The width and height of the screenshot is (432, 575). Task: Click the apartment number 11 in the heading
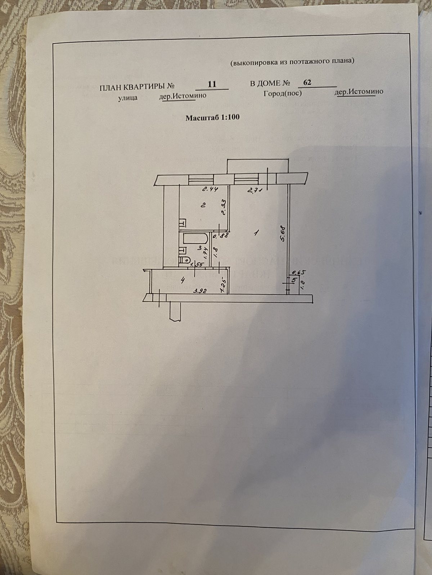212,84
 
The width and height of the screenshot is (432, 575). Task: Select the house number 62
307,82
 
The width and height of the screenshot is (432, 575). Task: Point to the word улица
128,97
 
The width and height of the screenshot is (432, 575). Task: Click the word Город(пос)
282,93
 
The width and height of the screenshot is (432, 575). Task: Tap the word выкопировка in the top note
255,62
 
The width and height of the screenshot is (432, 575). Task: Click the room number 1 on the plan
256,233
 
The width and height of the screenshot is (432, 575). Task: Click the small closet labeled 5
294,280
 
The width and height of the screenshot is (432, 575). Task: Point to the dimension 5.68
283,233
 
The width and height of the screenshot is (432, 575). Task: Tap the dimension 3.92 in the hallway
199,291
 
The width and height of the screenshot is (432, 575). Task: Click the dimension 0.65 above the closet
298,272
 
